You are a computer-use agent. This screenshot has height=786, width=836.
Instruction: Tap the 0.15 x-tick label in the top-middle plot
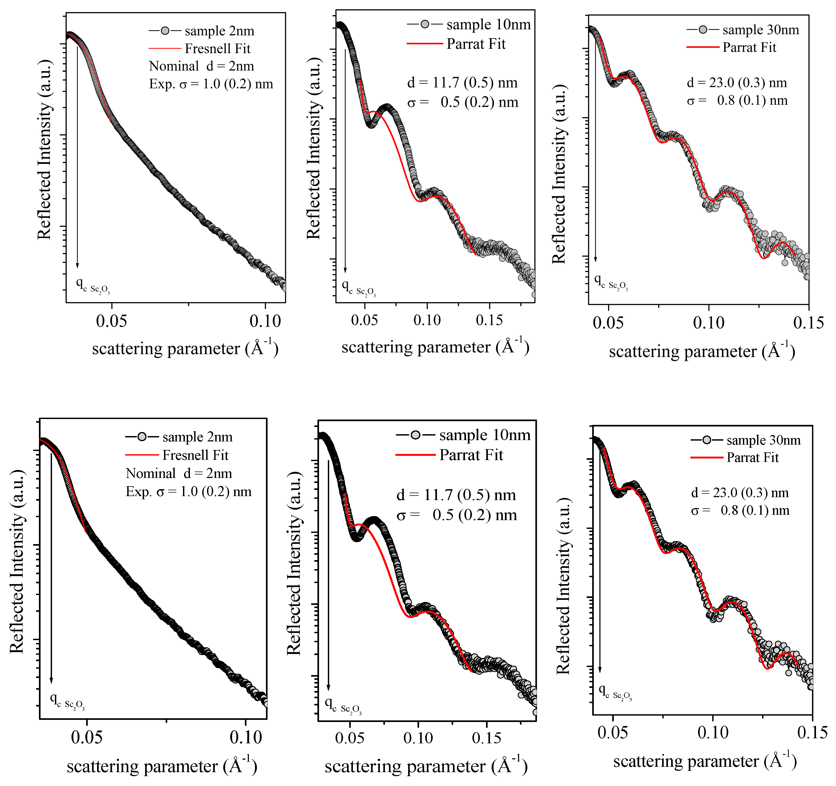tap(489, 320)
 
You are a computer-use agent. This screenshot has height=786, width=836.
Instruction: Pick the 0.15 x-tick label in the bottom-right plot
tap(812, 732)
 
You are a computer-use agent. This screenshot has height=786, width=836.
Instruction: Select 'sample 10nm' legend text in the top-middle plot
tap(488, 25)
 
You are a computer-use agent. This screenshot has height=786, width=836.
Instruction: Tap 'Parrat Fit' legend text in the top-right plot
tap(749, 47)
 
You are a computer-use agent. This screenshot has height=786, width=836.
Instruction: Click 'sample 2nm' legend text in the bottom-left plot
tap(197, 437)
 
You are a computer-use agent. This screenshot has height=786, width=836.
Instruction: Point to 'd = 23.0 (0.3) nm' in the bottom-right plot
tap(740, 492)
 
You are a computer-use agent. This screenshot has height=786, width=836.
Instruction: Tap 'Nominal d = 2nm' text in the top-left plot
tap(201, 66)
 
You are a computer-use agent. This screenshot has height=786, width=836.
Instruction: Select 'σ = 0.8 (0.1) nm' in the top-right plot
tap(737, 101)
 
